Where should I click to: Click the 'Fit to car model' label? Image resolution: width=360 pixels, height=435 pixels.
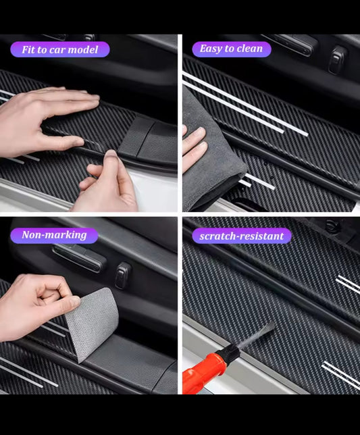point(60,50)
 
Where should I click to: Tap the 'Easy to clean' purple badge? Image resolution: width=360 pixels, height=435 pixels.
point(232,49)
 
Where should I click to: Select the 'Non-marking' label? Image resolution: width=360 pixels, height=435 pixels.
point(54,235)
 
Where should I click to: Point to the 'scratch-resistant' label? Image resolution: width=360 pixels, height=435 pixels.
point(242,236)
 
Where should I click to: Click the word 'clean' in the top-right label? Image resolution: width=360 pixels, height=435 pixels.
point(250,49)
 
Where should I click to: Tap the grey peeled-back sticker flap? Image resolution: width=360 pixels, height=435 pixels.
point(93,323)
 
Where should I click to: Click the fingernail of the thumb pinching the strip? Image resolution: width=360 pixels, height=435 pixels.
point(111,154)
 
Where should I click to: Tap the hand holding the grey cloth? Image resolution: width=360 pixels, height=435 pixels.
point(194,143)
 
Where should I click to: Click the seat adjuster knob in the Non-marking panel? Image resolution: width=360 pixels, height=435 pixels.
point(122,276)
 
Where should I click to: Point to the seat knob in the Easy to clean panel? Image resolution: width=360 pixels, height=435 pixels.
point(337,59)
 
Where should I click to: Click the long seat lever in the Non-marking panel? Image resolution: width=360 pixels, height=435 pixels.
point(79,258)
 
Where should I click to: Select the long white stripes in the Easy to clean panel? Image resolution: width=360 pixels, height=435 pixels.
point(244,104)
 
